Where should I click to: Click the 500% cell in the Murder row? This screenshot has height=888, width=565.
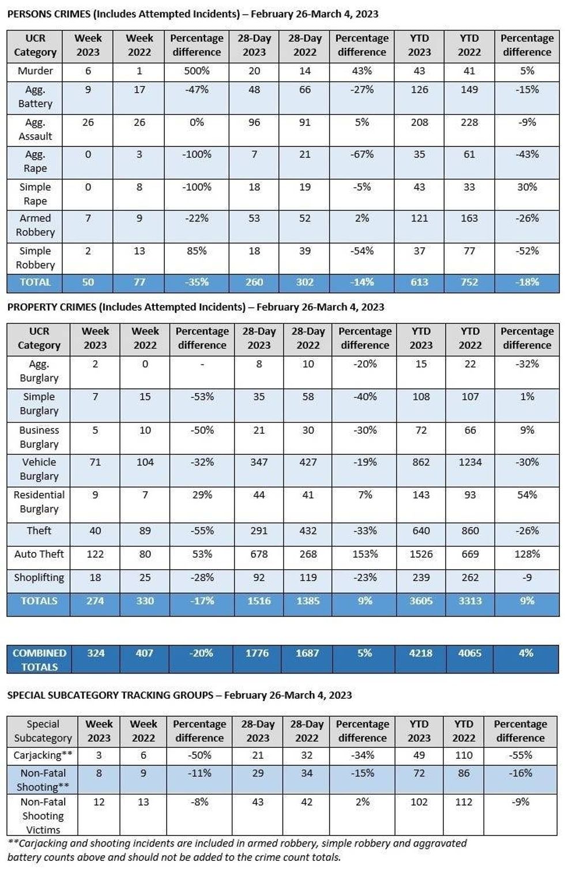(197, 72)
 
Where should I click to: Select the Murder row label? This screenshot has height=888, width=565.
(35, 72)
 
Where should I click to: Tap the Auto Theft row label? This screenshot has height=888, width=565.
(39, 554)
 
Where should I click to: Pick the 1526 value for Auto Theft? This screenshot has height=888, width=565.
(421, 554)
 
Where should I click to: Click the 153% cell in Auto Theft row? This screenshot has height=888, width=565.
(365, 554)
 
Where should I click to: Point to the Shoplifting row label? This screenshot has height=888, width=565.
(39, 578)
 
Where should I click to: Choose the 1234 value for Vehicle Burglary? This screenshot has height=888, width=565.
(470, 462)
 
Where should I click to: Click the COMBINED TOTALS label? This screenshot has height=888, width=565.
(39, 660)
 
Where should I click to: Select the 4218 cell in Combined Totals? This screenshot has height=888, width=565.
(421, 653)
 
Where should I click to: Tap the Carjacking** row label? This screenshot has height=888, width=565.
(43, 755)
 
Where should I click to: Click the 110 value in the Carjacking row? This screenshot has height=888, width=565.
(464, 755)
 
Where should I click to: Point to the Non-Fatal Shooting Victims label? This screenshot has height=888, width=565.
(43, 816)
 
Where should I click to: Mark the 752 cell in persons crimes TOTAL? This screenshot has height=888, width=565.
(469, 283)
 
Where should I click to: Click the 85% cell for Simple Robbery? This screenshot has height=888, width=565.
(197, 251)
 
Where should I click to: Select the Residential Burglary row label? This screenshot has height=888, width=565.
(39, 502)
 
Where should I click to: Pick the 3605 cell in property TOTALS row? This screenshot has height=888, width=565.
(421, 601)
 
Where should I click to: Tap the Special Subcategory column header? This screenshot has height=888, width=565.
(43, 731)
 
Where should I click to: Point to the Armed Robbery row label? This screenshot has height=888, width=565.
(35, 225)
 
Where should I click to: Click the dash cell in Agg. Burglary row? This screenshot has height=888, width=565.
(202, 364)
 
